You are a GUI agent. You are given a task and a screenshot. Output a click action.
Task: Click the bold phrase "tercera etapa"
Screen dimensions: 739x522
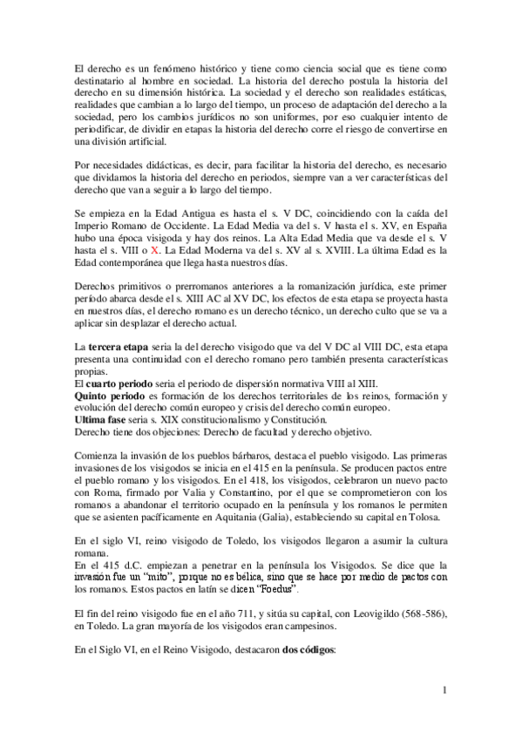(119, 348)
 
